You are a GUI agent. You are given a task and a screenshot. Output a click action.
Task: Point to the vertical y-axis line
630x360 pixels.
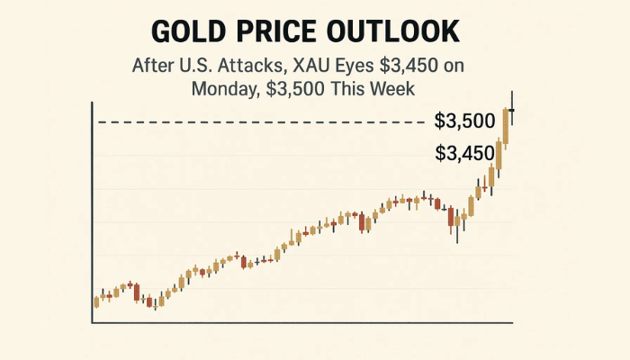(x=94, y=207)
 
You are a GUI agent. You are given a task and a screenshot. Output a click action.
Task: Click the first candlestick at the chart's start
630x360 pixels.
(x=96, y=301)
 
